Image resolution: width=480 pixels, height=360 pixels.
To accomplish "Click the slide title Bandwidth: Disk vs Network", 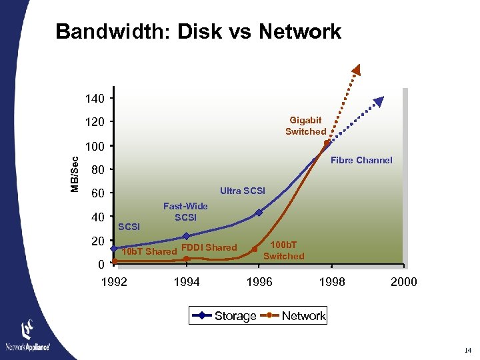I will (x=198, y=31).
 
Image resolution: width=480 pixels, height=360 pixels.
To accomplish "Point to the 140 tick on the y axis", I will (x=95, y=99).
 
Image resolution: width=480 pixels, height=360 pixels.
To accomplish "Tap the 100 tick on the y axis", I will (x=95, y=146).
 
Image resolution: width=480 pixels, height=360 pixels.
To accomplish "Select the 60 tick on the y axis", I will (x=97, y=194).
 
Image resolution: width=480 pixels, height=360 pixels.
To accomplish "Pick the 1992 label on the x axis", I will (x=113, y=282).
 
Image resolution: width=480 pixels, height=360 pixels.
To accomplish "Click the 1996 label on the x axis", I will (x=259, y=282).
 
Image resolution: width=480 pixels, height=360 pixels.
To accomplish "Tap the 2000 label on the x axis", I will (x=404, y=282).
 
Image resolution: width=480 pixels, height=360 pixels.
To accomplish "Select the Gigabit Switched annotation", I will (x=305, y=126).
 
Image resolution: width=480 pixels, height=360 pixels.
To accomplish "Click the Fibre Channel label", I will (x=361, y=160).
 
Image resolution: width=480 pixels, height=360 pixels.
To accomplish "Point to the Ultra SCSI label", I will (x=243, y=191).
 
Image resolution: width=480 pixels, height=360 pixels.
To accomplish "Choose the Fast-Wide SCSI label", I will (x=185, y=212).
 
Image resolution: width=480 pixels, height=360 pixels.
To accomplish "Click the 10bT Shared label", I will (x=149, y=251).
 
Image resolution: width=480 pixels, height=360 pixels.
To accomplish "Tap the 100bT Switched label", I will (x=283, y=251).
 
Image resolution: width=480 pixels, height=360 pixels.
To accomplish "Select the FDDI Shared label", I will (x=209, y=247).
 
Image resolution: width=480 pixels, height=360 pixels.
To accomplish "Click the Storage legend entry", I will (x=235, y=316).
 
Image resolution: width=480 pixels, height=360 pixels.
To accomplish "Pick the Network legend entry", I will (x=303, y=316).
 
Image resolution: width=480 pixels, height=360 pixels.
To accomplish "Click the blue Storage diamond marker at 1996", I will (x=259, y=213).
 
